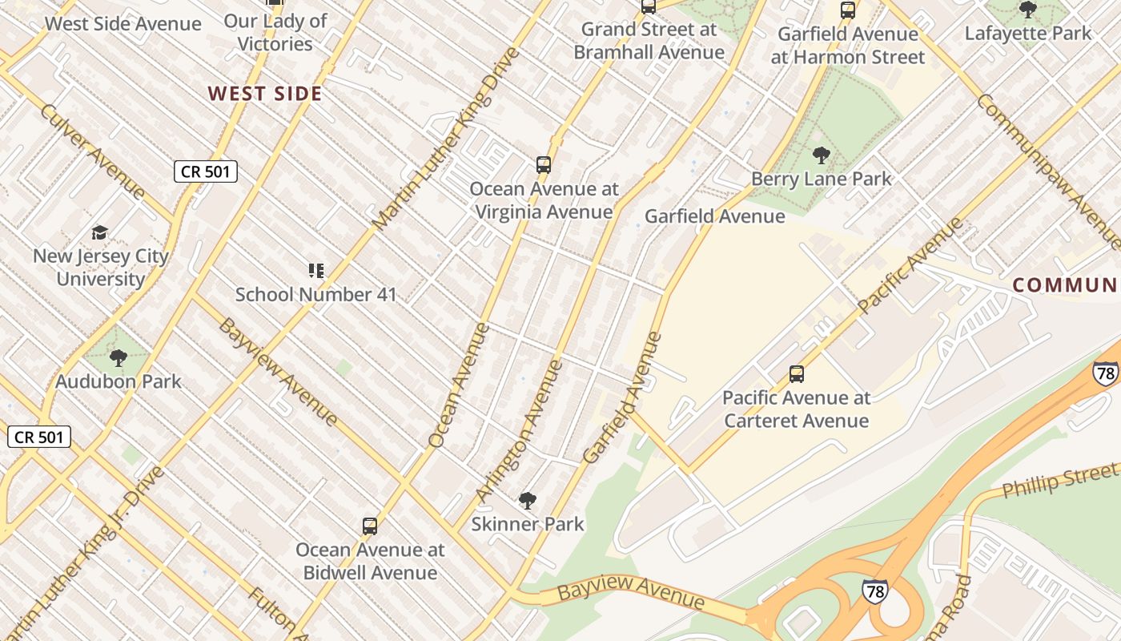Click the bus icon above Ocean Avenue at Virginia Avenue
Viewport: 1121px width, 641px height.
(x=544, y=165)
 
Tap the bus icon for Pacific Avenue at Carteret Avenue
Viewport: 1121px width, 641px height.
(x=797, y=374)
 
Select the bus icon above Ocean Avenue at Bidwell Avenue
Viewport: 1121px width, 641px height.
(x=370, y=526)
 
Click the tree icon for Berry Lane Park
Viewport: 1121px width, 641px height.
(x=821, y=155)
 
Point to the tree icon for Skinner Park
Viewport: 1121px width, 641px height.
(x=527, y=502)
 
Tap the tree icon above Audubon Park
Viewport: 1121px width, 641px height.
(x=119, y=358)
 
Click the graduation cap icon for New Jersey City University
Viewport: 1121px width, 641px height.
(x=100, y=233)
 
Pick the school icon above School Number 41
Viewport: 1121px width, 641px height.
(x=316, y=271)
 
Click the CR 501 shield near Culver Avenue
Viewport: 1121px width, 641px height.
(x=206, y=171)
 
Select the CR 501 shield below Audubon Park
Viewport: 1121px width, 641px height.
(x=39, y=437)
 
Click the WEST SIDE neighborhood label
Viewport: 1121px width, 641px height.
(x=265, y=94)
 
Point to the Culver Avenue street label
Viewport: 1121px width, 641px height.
(x=92, y=151)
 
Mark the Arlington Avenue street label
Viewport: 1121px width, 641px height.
(x=520, y=431)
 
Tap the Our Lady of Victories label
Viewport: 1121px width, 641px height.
(x=275, y=32)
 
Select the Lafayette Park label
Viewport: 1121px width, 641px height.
(x=1027, y=34)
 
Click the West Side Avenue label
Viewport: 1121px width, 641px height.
(x=123, y=23)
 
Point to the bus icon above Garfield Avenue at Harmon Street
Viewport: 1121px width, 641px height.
(x=848, y=10)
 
